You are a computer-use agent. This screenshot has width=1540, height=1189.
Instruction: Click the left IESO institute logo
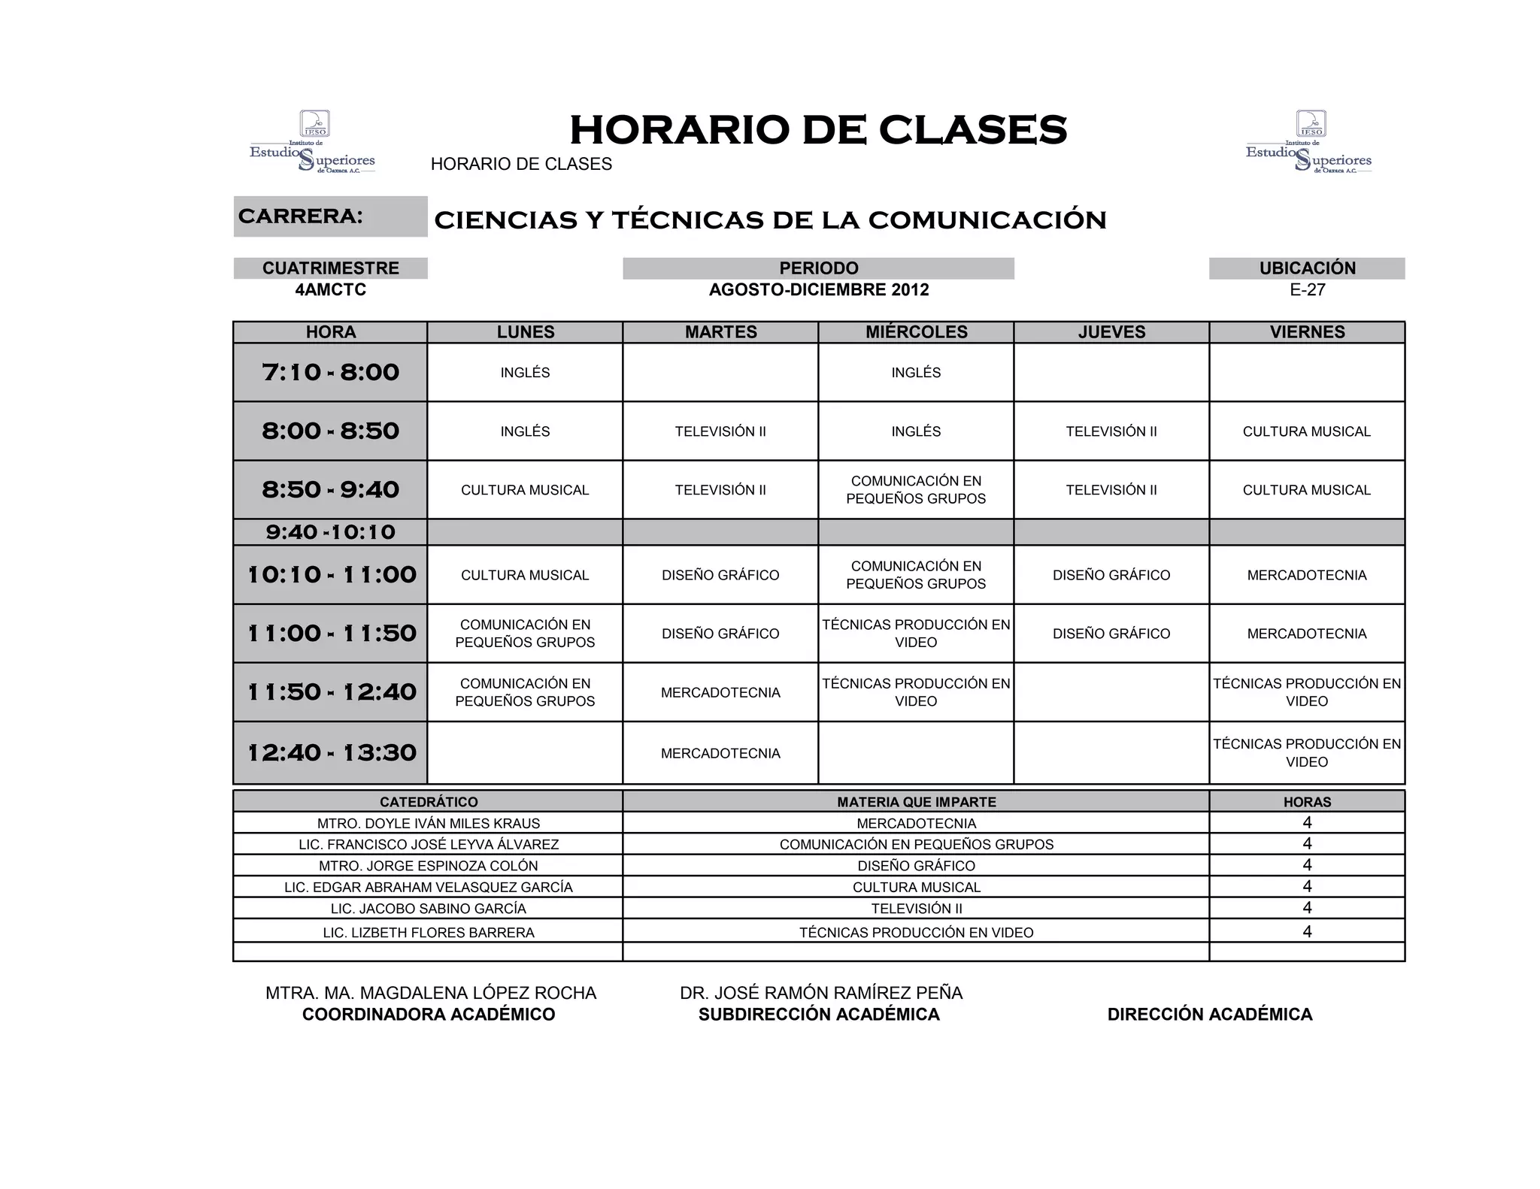click(x=313, y=143)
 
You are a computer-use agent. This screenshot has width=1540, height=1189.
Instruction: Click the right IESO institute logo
click(x=1308, y=143)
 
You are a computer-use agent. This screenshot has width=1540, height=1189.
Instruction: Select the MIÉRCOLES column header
click(x=916, y=332)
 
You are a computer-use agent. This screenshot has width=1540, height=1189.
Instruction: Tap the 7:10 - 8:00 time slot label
click(x=330, y=372)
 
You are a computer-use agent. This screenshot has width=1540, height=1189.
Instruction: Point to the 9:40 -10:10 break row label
click(x=330, y=532)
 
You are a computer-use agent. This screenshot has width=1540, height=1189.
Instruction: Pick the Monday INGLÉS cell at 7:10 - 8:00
click(x=525, y=373)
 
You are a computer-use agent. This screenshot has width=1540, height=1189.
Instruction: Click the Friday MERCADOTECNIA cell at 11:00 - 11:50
click(x=1307, y=634)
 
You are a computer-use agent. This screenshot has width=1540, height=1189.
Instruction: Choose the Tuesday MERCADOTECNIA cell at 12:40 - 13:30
click(x=720, y=753)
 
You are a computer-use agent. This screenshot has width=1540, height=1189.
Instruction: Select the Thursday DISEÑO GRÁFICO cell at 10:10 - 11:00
click(x=1111, y=575)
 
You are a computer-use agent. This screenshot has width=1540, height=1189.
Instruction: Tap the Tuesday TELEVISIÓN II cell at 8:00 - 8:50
click(x=720, y=431)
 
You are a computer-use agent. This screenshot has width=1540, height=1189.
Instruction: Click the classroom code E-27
click(x=1307, y=290)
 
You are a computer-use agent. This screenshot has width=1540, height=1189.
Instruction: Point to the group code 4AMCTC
click(x=330, y=290)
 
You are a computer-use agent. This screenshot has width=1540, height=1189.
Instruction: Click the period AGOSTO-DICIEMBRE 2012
click(x=818, y=290)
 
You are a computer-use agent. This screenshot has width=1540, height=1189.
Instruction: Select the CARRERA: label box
click(x=330, y=216)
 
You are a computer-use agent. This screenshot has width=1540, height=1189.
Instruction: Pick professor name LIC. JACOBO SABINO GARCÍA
click(x=428, y=909)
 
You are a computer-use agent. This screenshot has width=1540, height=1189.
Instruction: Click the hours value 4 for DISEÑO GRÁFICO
click(x=1307, y=865)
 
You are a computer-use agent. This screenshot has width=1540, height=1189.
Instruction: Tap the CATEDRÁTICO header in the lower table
click(x=428, y=802)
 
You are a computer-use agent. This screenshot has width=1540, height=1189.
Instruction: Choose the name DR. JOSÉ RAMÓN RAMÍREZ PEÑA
click(x=821, y=993)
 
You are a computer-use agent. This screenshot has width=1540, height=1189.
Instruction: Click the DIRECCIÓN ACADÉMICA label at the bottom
click(x=1209, y=1015)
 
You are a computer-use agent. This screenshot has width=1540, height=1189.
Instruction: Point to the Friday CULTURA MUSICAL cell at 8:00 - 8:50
click(x=1307, y=431)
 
